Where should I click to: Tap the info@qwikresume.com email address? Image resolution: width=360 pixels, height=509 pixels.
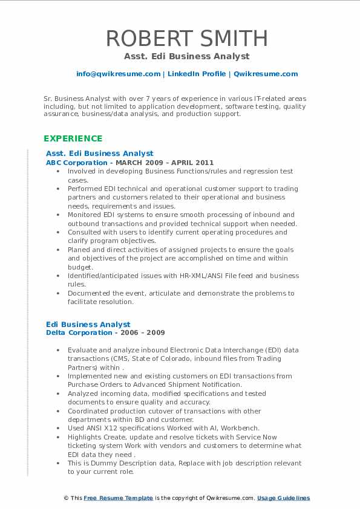[118, 74]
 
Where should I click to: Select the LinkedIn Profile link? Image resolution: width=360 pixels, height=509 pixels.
[197, 74]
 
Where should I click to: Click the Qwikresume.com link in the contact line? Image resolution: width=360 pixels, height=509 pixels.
[266, 74]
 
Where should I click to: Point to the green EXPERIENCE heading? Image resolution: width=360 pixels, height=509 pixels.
[73, 138]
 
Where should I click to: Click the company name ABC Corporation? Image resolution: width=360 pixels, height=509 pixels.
[77, 163]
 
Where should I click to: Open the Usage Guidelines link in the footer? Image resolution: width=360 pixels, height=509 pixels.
[283, 498]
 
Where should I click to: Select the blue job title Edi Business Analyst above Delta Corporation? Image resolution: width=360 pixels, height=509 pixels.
[88, 324]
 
